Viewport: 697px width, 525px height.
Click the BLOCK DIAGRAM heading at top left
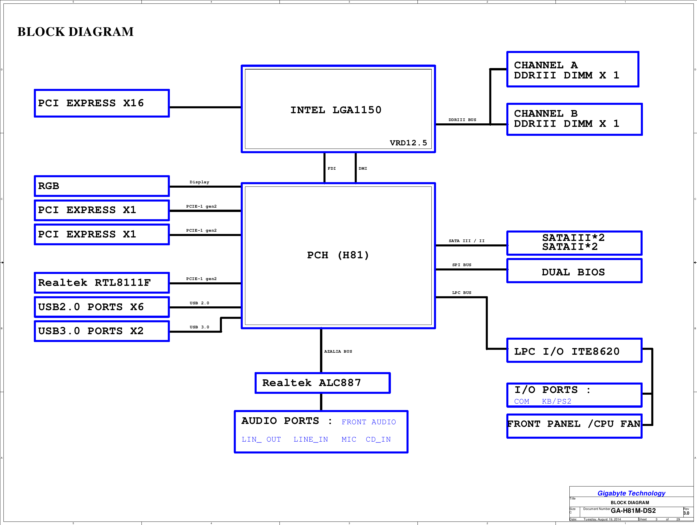75,32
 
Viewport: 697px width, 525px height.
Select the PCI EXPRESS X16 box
102,103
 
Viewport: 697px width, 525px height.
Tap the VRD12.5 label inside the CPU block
408,143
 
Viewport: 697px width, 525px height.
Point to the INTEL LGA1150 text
336,110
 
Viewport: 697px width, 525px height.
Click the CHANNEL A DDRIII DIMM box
573,69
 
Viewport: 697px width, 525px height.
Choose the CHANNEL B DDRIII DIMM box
574,119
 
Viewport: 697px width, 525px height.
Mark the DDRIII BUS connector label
462,120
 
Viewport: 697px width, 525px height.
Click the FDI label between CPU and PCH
332,168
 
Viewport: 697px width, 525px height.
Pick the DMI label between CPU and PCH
363,168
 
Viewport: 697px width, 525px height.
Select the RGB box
102,186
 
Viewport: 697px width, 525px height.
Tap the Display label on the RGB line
199,182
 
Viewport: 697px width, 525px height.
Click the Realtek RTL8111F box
102,283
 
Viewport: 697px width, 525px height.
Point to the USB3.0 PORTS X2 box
102,331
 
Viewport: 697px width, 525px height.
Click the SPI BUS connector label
461,265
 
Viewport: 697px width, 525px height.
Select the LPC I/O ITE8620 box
574,351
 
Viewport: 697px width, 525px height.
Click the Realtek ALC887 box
322,383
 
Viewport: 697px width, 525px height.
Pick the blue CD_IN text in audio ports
378,439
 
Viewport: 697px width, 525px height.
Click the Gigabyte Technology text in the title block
631,493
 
